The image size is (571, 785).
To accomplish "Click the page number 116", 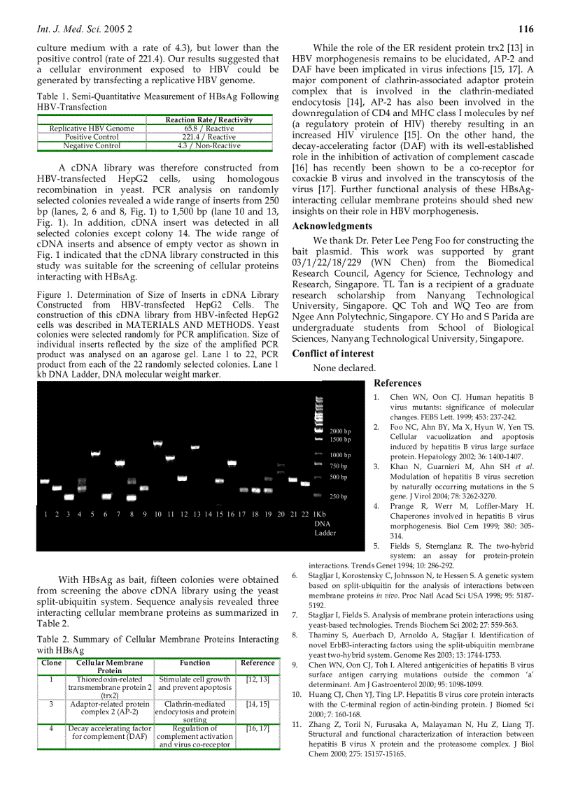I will (526, 29).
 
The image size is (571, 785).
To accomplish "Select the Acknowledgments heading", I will (332, 226).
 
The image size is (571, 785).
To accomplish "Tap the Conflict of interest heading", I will (333, 354).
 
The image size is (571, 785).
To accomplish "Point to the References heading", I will (397, 383).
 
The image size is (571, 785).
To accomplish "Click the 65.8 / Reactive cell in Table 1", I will (199, 129).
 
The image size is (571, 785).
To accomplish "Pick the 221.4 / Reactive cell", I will (199, 137).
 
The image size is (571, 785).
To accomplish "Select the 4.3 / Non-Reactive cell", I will (199, 145).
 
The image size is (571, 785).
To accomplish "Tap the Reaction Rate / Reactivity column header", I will (199, 120).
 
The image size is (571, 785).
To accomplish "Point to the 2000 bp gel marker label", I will (340, 431).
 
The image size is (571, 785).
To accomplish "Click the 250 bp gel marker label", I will (339, 496).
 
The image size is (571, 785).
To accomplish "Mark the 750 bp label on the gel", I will (339, 466).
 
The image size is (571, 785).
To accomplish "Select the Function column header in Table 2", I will (195, 663).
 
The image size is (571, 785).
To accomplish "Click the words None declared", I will (344, 368).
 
